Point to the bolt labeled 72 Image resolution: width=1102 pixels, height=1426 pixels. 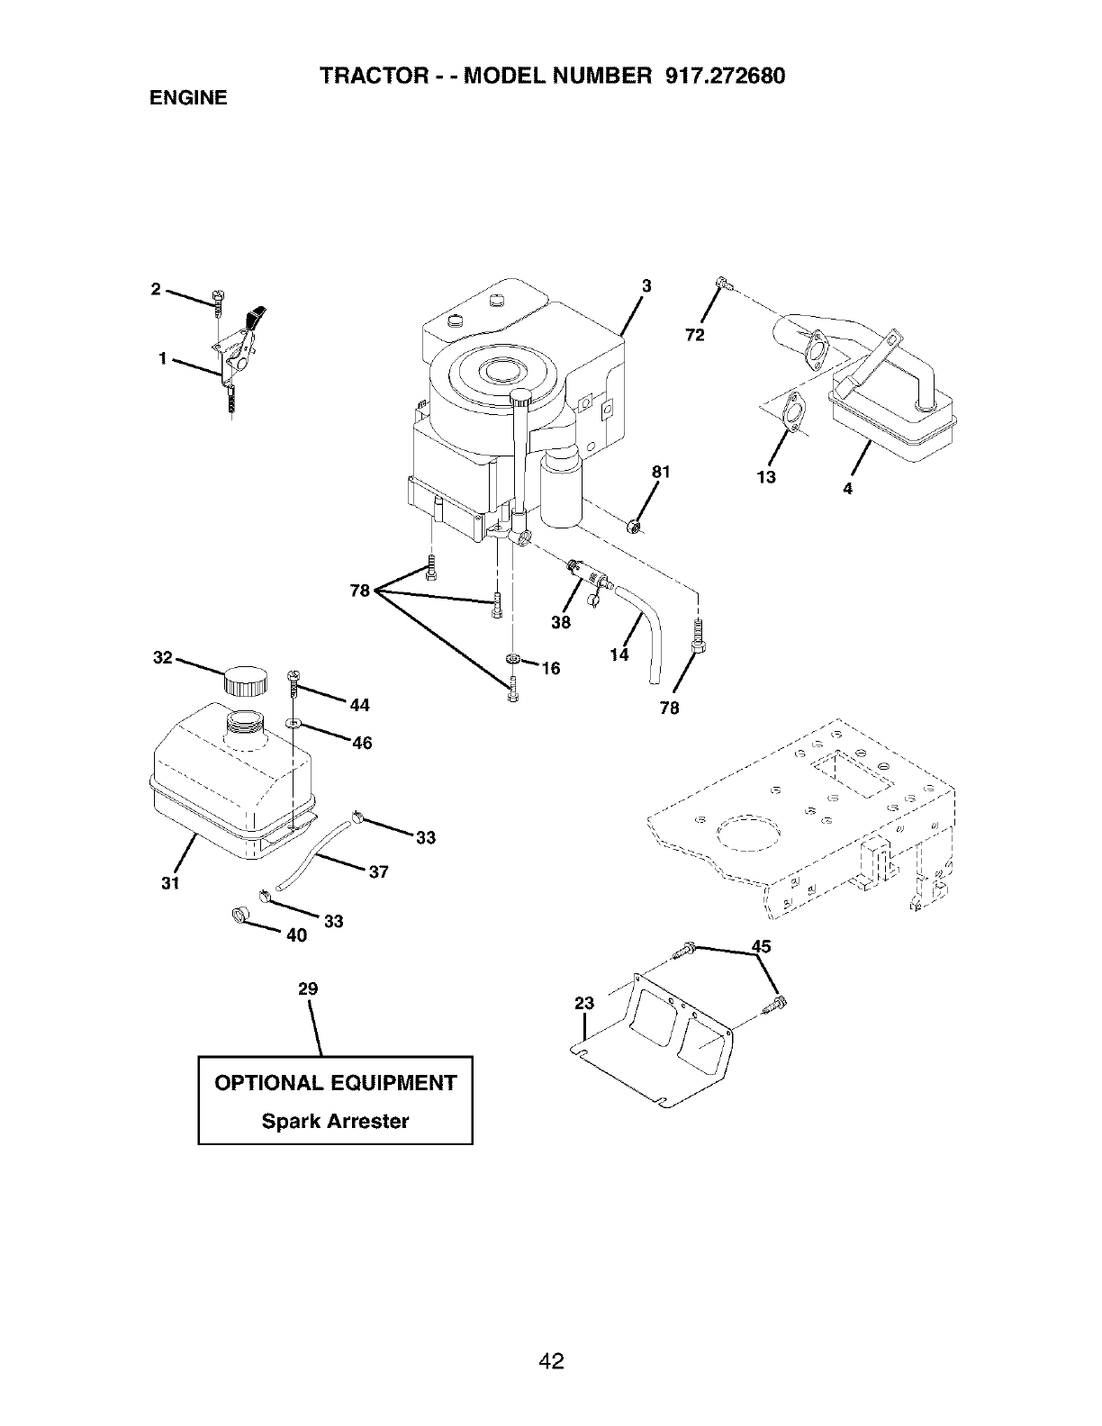click(x=720, y=285)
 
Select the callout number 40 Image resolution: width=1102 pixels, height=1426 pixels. click(x=297, y=935)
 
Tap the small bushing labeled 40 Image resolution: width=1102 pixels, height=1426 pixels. click(x=239, y=916)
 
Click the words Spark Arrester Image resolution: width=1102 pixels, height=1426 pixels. click(x=335, y=1121)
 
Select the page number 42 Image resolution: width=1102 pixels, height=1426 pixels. click(x=551, y=1336)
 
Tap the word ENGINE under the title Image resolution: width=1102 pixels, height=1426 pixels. click(x=188, y=97)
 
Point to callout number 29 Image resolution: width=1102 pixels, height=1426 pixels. click(x=308, y=988)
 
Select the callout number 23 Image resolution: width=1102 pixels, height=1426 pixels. click(x=584, y=1004)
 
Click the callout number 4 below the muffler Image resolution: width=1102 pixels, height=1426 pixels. click(x=848, y=488)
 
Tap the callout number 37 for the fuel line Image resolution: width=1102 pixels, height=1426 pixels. click(x=378, y=871)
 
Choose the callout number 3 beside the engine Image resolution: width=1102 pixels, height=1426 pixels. click(x=646, y=286)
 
